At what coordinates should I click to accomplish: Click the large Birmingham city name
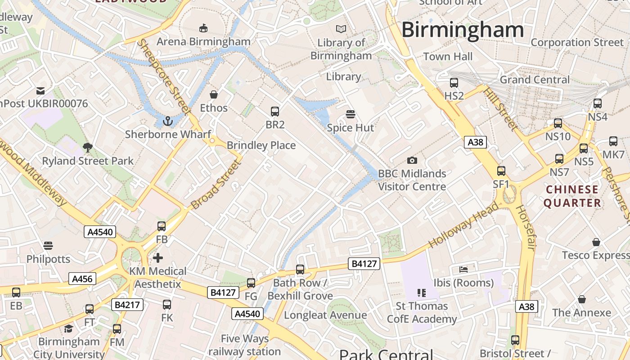click(x=463, y=30)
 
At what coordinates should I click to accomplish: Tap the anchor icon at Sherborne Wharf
click(x=167, y=121)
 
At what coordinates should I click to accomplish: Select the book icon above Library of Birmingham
click(x=342, y=29)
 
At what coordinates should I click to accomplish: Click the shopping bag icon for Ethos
click(x=214, y=94)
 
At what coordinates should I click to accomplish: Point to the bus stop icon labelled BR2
click(x=274, y=112)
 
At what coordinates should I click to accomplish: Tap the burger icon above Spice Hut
click(x=351, y=114)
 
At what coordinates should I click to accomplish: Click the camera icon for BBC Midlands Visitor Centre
click(x=412, y=160)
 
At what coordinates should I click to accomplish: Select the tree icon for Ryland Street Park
click(x=88, y=147)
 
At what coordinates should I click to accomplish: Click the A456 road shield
click(x=82, y=279)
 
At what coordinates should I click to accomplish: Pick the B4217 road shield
click(x=127, y=305)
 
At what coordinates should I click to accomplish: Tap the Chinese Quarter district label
click(x=572, y=196)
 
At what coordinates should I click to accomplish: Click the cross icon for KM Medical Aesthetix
click(x=157, y=258)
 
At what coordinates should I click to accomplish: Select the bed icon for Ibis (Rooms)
click(x=463, y=270)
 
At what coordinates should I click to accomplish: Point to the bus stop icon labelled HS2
click(x=454, y=83)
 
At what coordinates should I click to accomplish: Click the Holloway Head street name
click(x=463, y=225)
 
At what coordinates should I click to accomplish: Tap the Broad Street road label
click(x=214, y=184)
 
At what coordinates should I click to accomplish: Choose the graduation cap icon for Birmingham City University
click(x=68, y=328)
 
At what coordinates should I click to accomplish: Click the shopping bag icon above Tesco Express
click(x=596, y=242)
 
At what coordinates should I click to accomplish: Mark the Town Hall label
click(x=448, y=57)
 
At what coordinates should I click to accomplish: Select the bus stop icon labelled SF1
click(x=501, y=171)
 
